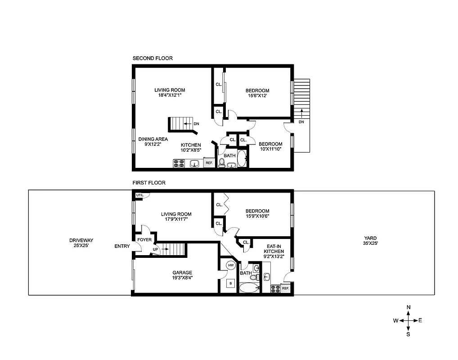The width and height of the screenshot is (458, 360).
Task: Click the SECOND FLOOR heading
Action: point(152,58)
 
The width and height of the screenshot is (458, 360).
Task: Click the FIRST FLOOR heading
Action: point(148,183)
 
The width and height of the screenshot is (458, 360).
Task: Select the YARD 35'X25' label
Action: point(371,241)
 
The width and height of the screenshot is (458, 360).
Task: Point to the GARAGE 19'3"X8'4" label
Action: point(182,275)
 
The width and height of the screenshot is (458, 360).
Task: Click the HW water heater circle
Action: point(231,265)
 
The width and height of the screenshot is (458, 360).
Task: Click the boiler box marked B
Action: point(231,283)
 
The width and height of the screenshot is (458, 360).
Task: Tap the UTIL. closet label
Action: point(139,195)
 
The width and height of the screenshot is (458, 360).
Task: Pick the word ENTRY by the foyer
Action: point(122,246)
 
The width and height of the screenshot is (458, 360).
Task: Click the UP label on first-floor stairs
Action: point(156,249)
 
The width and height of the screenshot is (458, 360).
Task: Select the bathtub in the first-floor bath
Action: point(249,288)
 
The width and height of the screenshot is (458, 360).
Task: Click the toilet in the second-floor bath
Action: point(221,163)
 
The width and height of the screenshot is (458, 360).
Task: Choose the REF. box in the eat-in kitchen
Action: point(286,288)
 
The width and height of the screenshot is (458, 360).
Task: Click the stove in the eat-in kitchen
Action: point(275,288)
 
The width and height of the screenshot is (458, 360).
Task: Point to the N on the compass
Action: point(409,307)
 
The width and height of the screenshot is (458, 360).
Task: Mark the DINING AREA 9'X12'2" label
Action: point(153,142)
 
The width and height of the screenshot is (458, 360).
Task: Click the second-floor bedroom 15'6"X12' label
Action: point(257,93)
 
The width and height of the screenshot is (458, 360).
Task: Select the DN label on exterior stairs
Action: point(301,122)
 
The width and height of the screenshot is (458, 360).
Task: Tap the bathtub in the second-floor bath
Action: point(242,159)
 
